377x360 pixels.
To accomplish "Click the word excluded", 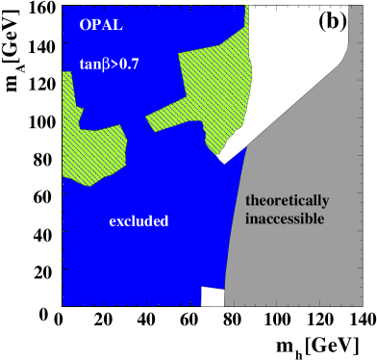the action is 138,221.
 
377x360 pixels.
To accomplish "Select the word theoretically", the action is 287,201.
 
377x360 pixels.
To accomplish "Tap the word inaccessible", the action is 287,219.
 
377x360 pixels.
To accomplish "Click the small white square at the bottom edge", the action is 213,296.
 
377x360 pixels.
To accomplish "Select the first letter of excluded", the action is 112,222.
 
